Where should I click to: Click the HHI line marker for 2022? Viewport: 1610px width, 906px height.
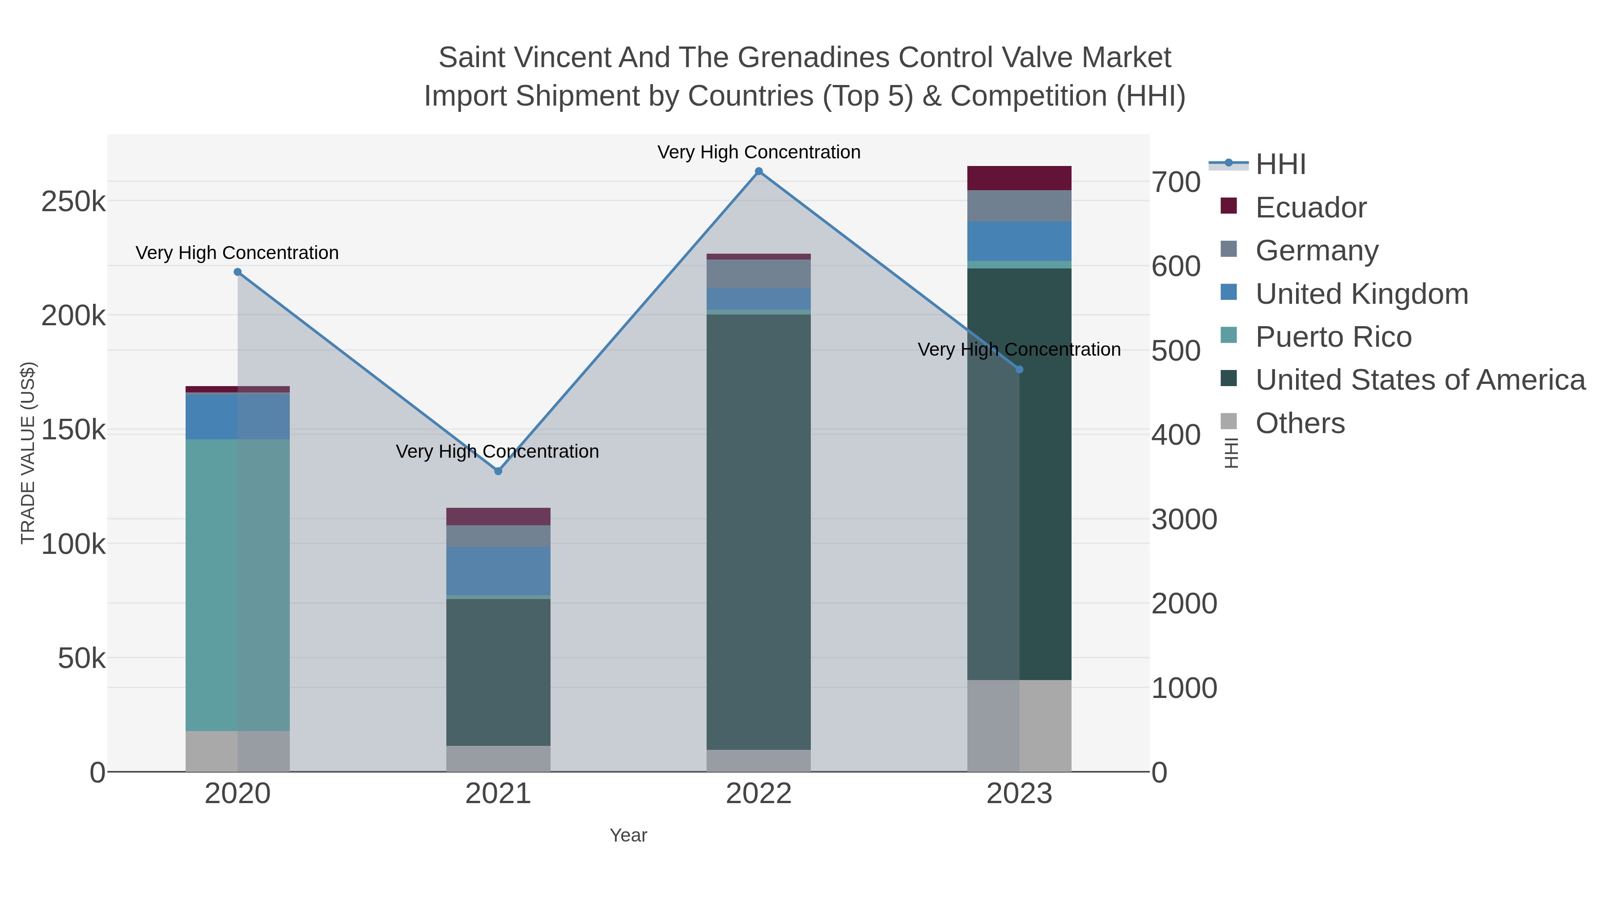pos(759,171)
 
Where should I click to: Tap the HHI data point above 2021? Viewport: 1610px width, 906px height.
pos(498,471)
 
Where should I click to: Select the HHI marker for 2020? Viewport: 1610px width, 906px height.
pos(237,272)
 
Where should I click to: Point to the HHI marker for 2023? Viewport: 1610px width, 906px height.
pos(1019,370)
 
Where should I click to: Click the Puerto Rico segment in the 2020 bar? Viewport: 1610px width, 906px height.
pos(237,585)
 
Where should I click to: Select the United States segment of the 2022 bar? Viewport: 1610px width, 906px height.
pos(759,532)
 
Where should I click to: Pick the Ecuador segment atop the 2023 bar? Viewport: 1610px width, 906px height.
pos(1019,178)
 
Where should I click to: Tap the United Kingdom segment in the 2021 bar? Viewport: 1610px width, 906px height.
pos(498,571)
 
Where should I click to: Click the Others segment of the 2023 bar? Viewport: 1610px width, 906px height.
pos(1019,725)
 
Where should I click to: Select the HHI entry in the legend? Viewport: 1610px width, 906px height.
pos(1280,165)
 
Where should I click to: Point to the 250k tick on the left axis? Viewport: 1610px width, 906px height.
pos(73,202)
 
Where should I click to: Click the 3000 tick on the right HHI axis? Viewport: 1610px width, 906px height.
pos(1184,519)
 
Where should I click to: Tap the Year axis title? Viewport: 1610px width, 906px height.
pos(628,835)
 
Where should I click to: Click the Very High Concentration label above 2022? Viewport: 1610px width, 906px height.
pos(759,152)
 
